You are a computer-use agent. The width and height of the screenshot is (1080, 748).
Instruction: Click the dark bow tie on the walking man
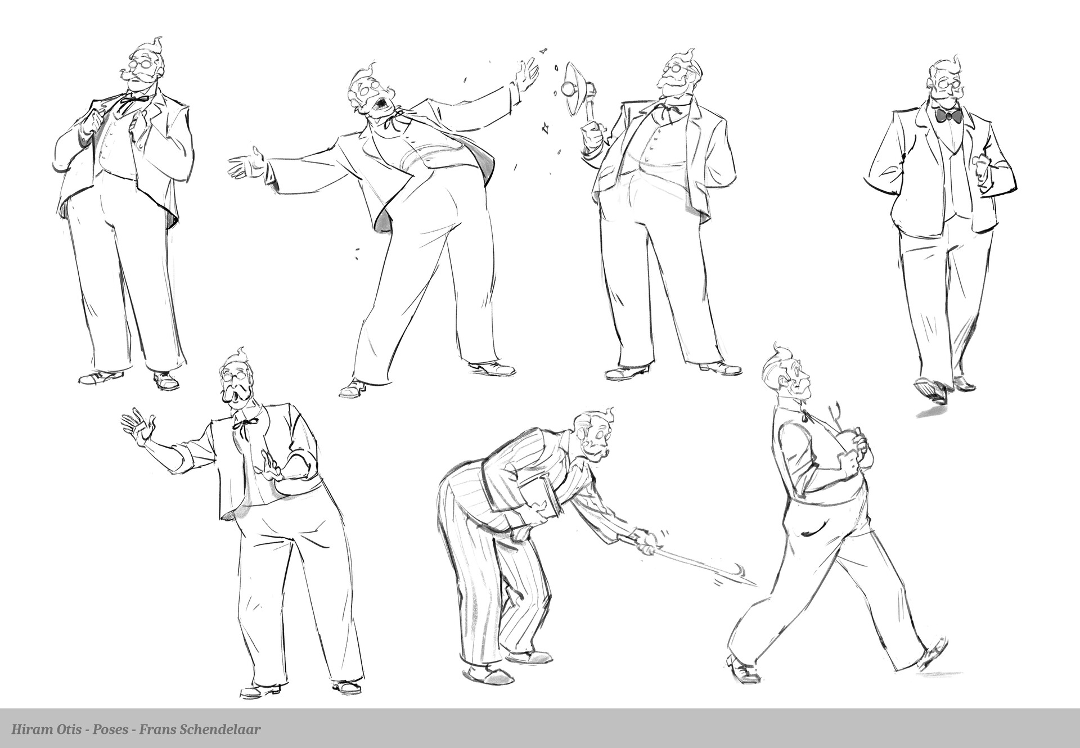948,116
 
